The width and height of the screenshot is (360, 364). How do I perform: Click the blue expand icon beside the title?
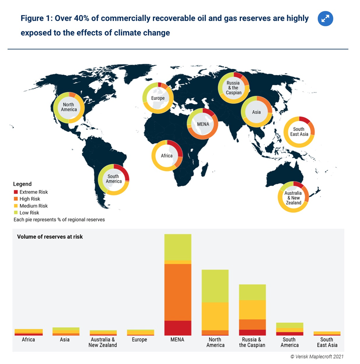tap(326, 19)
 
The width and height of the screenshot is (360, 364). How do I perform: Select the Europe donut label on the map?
tap(158, 98)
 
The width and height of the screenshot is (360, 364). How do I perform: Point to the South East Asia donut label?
tap(299, 132)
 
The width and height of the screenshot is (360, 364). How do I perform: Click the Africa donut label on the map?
tap(167, 155)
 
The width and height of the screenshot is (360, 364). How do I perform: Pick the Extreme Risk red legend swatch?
tap(15, 192)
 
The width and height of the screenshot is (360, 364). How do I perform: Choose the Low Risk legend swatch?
tap(15, 213)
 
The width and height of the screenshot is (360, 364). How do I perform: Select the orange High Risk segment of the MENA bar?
tap(178, 292)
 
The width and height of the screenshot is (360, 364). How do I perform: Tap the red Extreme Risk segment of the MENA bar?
tap(178, 328)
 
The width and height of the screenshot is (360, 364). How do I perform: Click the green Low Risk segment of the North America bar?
tap(215, 286)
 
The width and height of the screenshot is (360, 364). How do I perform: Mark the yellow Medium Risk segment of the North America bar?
tap(215, 316)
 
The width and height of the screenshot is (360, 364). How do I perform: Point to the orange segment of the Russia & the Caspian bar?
tap(252, 324)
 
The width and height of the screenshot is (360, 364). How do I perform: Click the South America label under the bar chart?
tap(290, 342)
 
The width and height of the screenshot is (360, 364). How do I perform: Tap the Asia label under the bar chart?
tap(65, 339)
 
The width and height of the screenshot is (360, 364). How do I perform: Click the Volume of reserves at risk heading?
tap(50, 237)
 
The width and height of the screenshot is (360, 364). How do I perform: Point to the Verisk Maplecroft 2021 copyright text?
tap(317, 356)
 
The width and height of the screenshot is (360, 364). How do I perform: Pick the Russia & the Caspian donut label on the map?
tap(233, 88)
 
